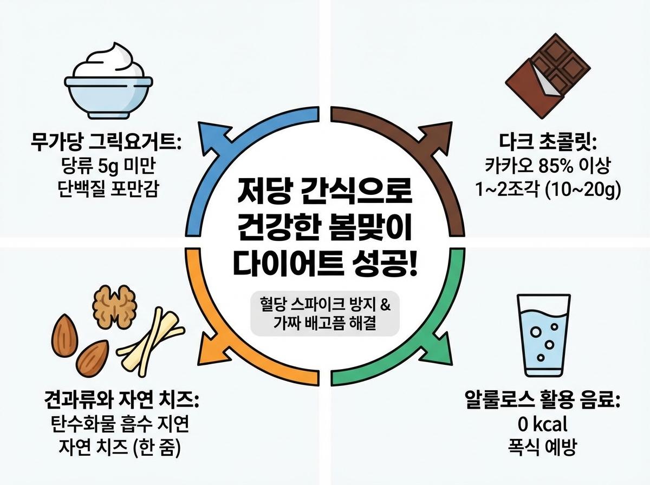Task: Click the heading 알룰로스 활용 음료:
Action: [x=542, y=402]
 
